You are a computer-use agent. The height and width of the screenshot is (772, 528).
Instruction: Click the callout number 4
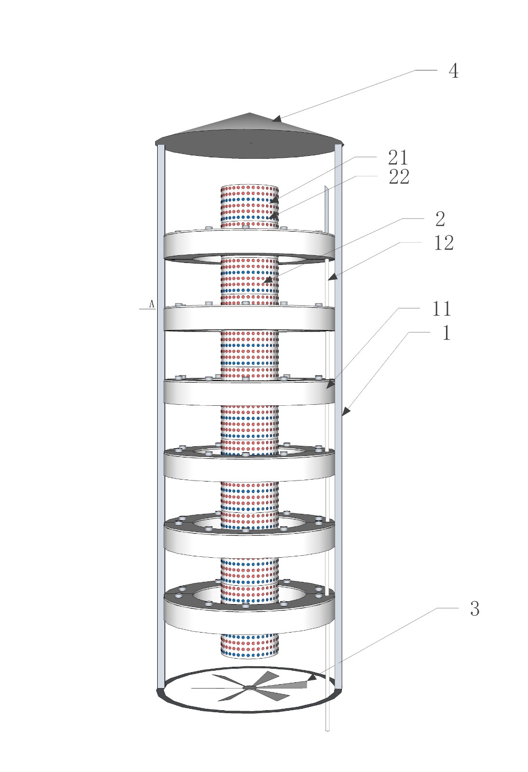[453, 71]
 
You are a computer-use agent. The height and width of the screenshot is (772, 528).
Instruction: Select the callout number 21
[398, 158]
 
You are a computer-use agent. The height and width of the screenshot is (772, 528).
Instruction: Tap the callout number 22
[399, 177]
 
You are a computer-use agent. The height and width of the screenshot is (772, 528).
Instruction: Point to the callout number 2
[440, 219]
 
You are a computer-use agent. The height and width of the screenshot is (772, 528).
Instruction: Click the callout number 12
[444, 243]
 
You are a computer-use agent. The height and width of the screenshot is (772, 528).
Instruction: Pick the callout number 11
[442, 309]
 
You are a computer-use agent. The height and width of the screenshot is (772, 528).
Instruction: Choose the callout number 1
[447, 333]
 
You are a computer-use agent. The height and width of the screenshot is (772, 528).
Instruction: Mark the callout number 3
[474, 609]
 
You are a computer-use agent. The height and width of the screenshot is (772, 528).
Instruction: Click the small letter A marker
[151, 304]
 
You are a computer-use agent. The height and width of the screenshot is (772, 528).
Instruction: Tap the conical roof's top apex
[250, 113]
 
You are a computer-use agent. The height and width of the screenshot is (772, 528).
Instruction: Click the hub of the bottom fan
[249, 687]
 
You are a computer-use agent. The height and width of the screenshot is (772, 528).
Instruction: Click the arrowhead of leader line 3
[311, 678]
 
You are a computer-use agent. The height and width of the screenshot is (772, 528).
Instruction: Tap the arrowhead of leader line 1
[344, 412]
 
